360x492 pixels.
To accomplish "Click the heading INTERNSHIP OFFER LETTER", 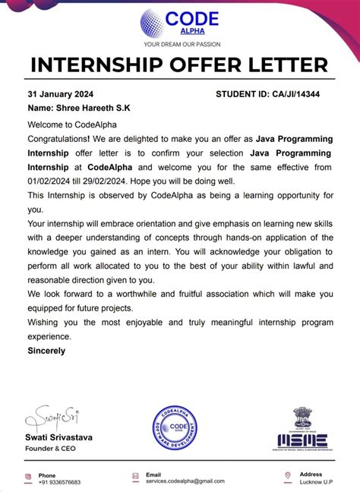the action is tap(179, 65).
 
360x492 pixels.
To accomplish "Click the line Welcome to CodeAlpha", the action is tap(73, 125).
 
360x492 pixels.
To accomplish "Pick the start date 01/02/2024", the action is tap(52, 181).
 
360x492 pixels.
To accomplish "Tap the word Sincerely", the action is tap(46, 351).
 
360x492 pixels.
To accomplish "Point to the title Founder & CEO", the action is tap(52, 449).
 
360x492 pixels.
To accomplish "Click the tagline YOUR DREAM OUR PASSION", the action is tap(179, 45).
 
